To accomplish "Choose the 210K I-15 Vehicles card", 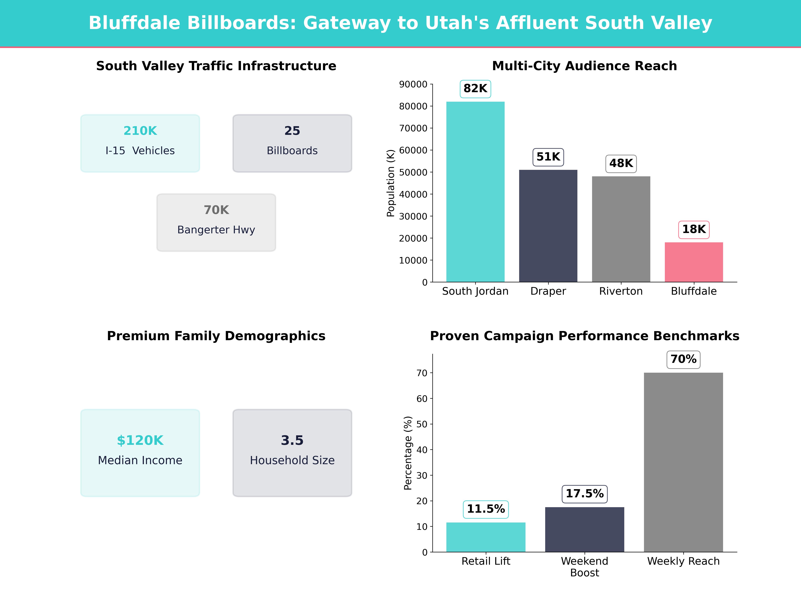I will (x=140, y=143).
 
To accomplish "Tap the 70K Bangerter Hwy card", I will (x=216, y=222).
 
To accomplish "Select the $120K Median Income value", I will (x=140, y=440).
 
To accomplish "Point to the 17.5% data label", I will (x=584, y=494).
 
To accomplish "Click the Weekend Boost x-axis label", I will (x=584, y=567).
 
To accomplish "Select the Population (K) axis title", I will (x=390, y=183).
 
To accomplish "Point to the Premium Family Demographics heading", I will (x=216, y=336).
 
